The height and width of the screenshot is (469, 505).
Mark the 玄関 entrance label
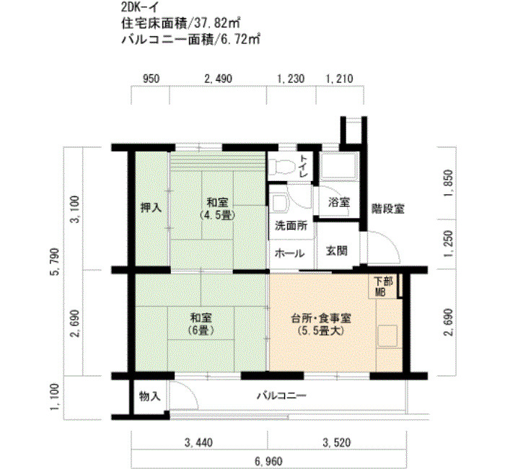tap(335, 252)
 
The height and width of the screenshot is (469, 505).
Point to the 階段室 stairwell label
tap(387, 209)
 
